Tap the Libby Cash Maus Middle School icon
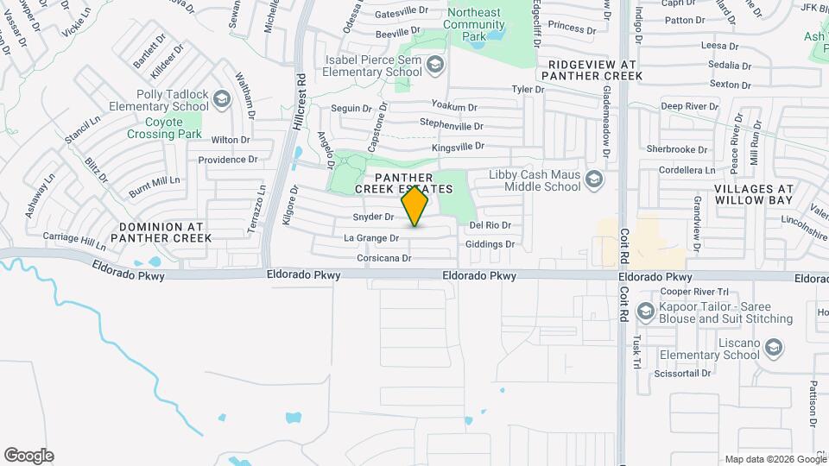[x=592, y=179]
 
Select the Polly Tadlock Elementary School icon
[x=222, y=99]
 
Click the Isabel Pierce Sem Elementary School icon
[x=436, y=66]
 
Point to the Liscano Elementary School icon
[x=774, y=348]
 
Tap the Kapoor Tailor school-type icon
[x=644, y=312]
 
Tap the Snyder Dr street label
[x=374, y=217]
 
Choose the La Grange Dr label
[x=371, y=237]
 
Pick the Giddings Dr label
[x=490, y=244]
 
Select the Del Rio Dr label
[x=490, y=225]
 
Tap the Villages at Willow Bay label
[x=754, y=193]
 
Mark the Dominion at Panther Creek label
[x=161, y=231]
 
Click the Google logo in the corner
[x=28, y=456]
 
